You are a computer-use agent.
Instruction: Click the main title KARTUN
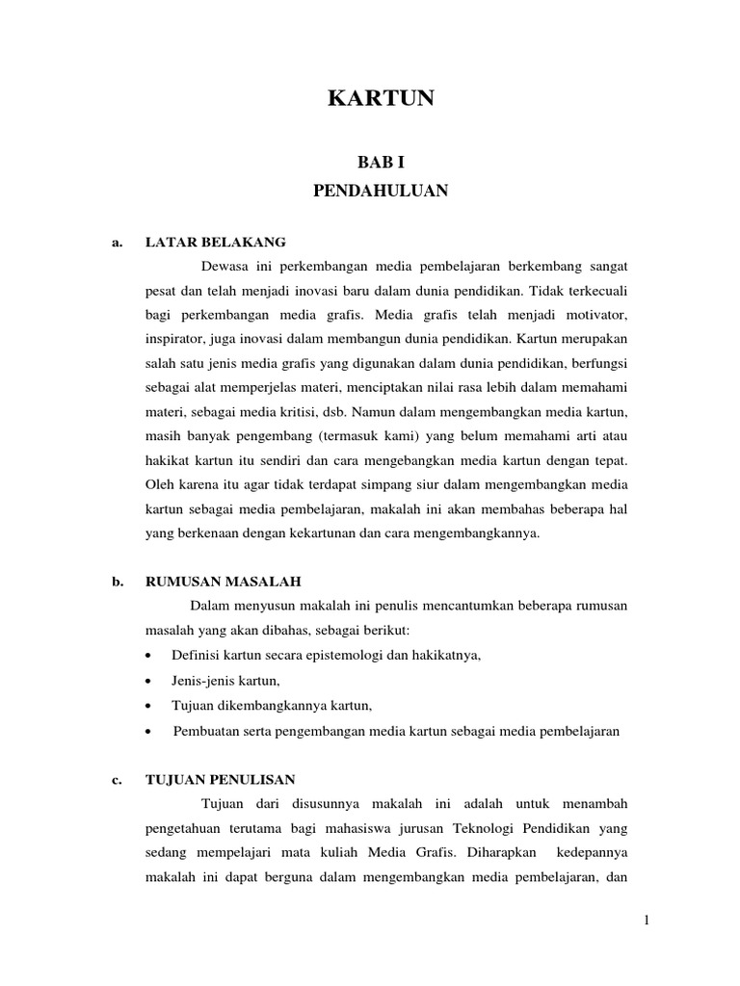coord(382,98)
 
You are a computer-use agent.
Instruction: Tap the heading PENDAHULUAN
coord(382,191)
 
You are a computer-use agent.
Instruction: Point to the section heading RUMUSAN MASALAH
coord(223,582)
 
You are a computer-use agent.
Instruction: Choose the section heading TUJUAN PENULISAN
coord(220,779)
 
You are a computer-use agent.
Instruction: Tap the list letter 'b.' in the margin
coord(117,582)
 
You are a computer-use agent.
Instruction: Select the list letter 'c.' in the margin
coord(117,779)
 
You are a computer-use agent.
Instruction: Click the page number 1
coord(647,921)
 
